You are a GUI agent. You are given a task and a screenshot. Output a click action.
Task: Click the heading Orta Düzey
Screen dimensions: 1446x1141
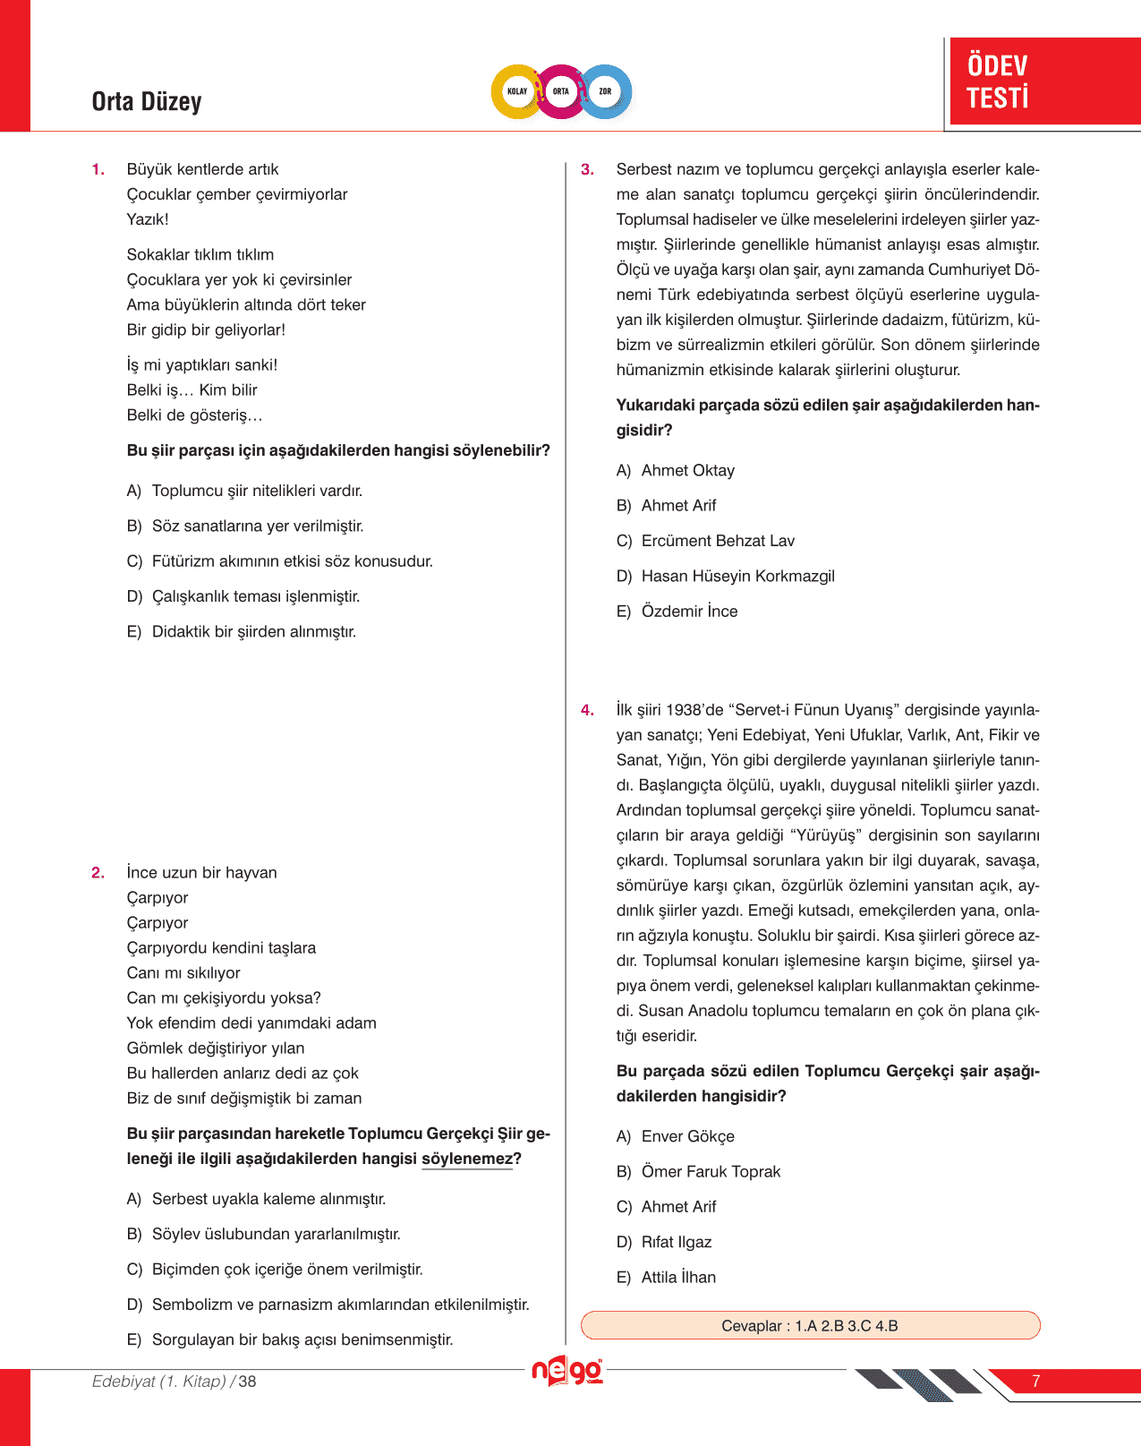147,101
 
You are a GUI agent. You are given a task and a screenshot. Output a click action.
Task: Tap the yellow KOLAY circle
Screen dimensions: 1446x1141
517,91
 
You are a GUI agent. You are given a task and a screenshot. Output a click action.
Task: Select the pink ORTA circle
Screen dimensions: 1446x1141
561,91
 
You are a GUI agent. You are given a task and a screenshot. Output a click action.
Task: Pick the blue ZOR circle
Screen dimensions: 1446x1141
605,91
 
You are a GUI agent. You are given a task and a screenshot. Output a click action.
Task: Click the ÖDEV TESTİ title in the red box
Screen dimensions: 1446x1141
998,81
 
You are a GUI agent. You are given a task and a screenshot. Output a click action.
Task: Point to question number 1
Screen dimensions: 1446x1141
98,169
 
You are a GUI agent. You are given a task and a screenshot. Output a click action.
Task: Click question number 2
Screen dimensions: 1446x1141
98,873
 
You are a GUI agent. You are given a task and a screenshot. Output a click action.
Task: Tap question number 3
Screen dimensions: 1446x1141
587,169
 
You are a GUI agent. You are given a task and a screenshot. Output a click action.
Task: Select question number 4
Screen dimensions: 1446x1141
587,710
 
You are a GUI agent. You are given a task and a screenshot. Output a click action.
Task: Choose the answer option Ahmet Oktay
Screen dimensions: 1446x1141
687,471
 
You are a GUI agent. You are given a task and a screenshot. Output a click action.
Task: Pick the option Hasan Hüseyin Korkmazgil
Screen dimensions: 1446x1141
737,577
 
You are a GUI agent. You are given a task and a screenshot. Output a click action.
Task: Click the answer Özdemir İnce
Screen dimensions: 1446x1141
689,612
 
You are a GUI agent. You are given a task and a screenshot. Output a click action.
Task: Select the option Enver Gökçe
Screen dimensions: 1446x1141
687,1137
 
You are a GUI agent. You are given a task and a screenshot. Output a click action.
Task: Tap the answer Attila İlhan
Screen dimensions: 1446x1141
678,1278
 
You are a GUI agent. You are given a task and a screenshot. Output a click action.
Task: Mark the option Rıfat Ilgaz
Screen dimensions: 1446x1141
677,1243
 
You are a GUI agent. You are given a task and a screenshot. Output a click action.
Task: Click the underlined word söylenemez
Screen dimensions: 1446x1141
467,1159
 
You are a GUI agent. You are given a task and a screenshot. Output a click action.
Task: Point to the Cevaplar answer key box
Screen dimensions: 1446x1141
810,1326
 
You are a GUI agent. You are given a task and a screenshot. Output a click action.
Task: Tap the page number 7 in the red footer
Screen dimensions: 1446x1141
1035,1382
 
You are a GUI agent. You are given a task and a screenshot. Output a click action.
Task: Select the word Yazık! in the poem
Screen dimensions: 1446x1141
148,219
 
